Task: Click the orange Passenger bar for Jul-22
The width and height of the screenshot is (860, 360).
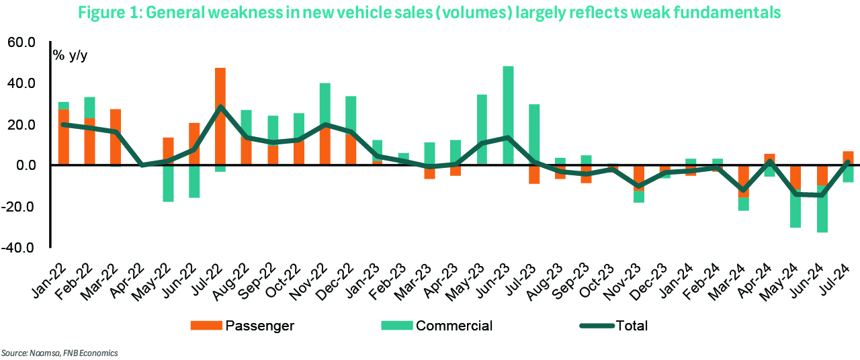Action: click(x=220, y=87)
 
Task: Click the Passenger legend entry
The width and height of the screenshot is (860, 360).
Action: click(x=243, y=326)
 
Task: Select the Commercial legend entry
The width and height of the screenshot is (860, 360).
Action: click(x=437, y=326)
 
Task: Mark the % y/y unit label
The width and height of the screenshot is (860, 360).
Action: click(x=71, y=55)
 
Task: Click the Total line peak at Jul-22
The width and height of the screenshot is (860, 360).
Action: click(x=220, y=107)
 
